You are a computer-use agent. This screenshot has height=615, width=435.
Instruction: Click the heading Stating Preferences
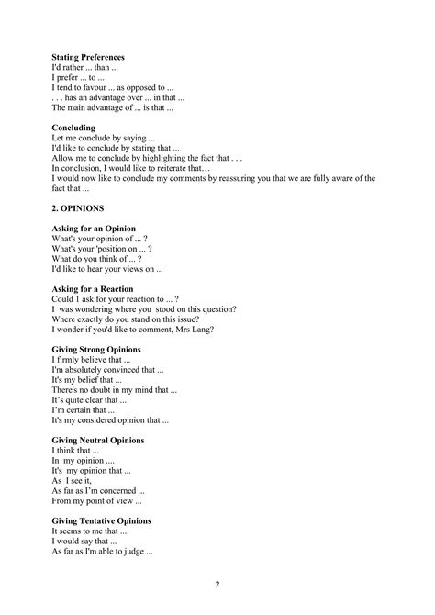click(x=88, y=57)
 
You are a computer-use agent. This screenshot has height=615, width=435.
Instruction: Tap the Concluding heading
click(x=73, y=128)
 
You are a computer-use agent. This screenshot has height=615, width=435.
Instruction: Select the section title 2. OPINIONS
click(x=78, y=208)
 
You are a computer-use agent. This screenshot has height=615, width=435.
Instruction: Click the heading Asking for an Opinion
click(x=94, y=229)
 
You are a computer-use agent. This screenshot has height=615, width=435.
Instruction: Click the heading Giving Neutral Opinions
click(x=98, y=441)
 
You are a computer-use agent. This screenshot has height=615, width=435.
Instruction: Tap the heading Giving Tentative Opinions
click(x=102, y=521)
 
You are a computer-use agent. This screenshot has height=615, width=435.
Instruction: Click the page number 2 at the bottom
click(x=217, y=585)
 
